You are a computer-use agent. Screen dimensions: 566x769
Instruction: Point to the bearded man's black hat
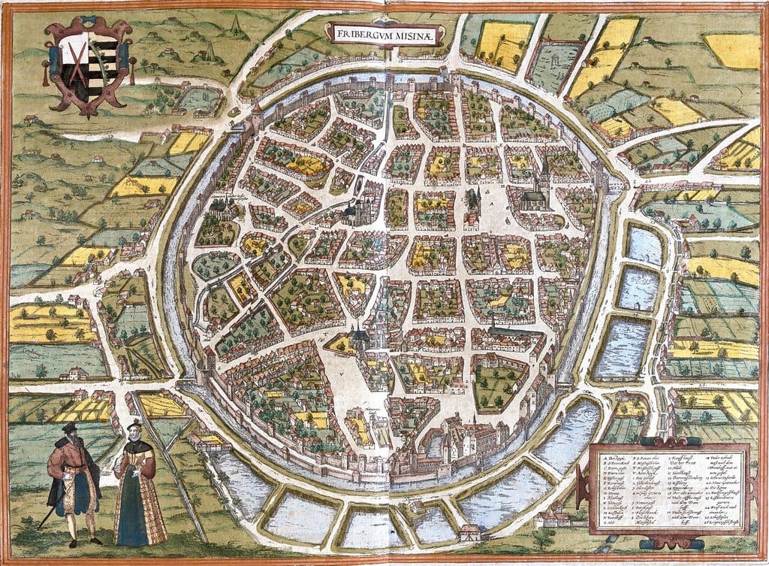[69, 428]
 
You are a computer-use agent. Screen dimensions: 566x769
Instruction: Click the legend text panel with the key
[669, 489]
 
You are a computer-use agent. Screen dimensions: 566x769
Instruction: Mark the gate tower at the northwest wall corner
[257, 117]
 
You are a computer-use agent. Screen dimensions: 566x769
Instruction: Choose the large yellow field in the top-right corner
[733, 51]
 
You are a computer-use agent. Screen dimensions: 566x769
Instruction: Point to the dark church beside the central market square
[472, 203]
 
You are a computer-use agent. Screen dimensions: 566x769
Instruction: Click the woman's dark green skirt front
[134, 504]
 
